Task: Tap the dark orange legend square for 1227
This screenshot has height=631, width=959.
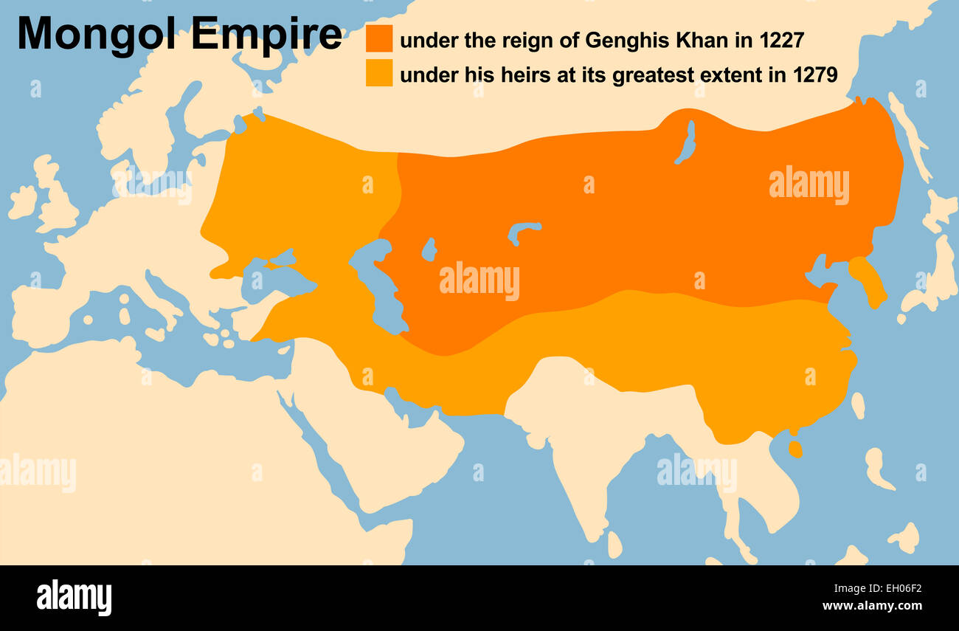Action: coord(379,39)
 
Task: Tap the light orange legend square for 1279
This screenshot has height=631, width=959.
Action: coord(379,74)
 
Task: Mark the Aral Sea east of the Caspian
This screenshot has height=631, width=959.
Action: coord(429,249)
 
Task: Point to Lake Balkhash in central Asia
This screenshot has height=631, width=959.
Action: coord(524,232)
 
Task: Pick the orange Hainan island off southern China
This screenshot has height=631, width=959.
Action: coord(794,449)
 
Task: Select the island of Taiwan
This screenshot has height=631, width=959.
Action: coord(857,404)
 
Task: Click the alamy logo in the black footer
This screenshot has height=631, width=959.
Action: coord(74,597)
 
